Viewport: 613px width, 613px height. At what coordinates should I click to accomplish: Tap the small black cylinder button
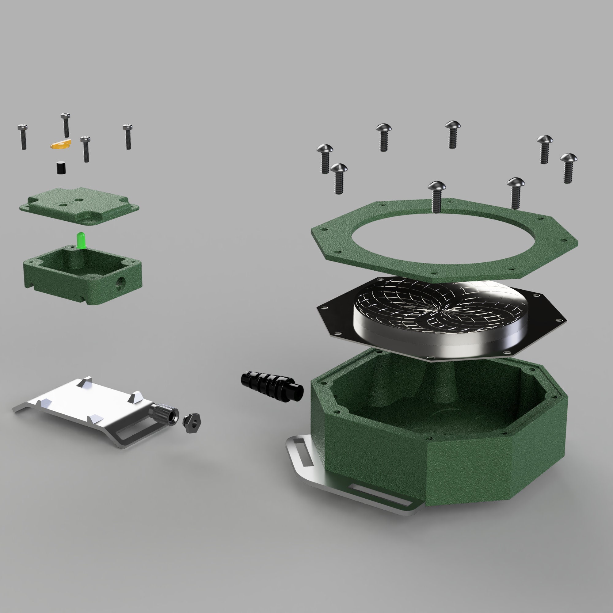[x=61, y=168]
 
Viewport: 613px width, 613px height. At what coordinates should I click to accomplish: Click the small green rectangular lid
[x=79, y=205]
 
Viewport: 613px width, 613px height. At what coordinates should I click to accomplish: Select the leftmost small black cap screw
[x=22, y=137]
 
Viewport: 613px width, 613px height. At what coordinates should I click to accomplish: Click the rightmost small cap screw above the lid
[x=128, y=136]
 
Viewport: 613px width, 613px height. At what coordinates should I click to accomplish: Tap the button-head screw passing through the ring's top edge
[x=436, y=196]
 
